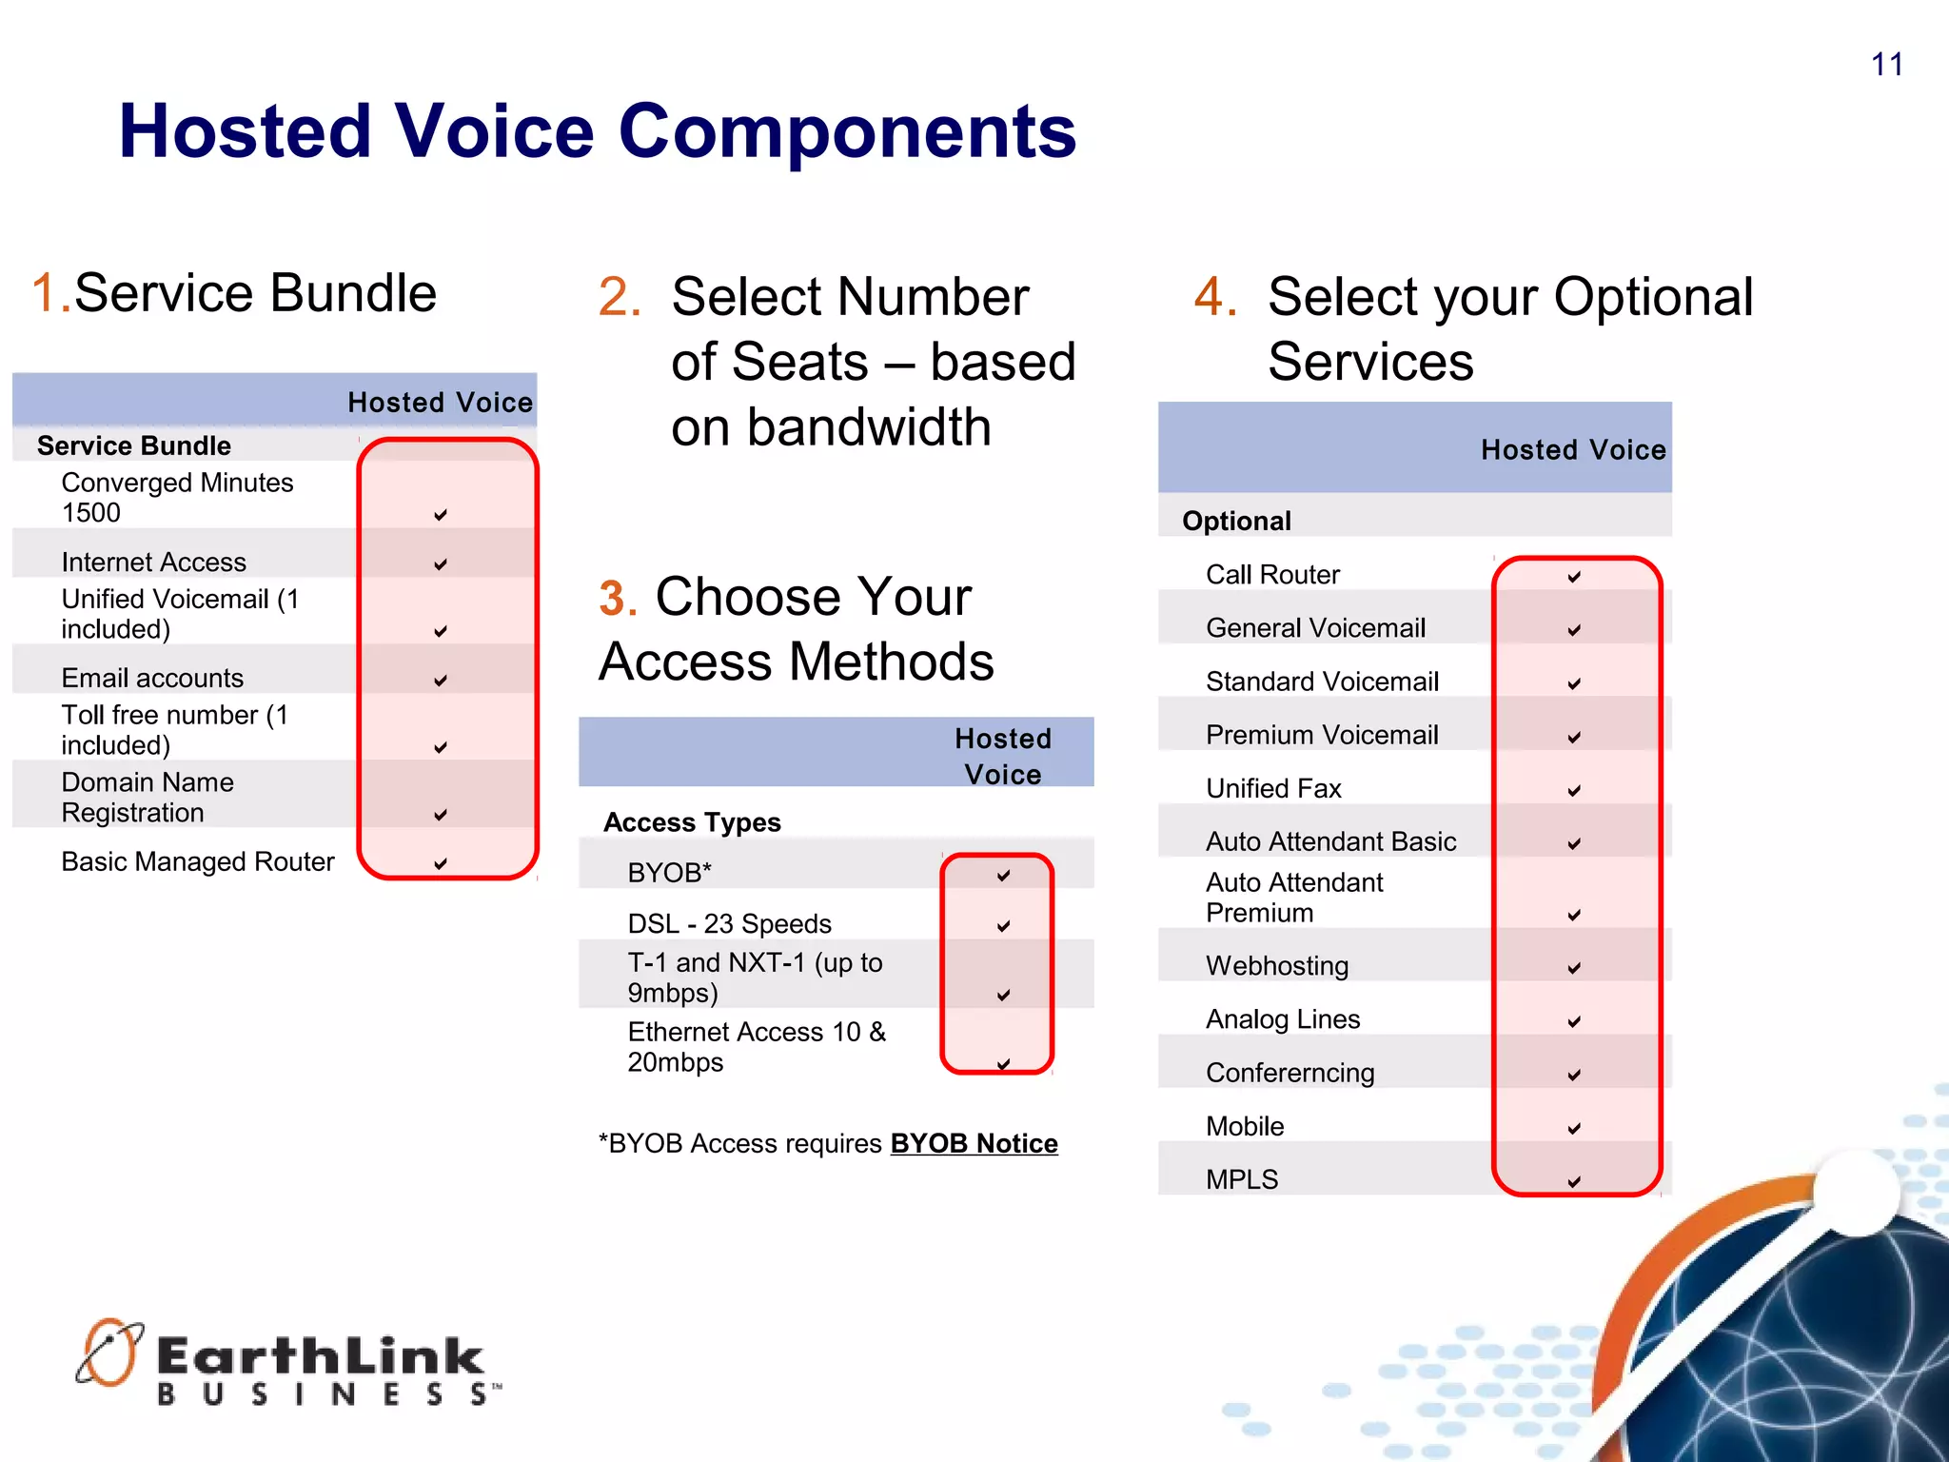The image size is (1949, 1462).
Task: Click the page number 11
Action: click(x=1886, y=65)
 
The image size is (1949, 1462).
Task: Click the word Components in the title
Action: click(x=847, y=131)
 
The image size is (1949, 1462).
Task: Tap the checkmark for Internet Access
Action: click(x=441, y=564)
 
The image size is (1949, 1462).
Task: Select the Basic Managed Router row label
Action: click(x=198, y=861)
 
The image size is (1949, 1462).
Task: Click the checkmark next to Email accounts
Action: click(x=441, y=681)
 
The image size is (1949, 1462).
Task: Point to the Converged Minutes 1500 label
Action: click(x=177, y=497)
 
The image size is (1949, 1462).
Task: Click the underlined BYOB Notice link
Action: click(x=974, y=1143)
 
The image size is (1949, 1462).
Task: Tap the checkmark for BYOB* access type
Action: click(x=1003, y=876)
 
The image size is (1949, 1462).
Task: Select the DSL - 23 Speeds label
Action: click(x=729, y=923)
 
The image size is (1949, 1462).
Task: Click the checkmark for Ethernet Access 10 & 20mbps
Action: click(x=1003, y=1064)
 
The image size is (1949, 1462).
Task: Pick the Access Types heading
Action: click(x=692, y=822)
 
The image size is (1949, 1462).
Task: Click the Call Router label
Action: click(x=1272, y=575)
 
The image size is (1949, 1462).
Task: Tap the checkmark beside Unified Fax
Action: click(x=1574, y=791)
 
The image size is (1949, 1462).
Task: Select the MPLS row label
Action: click(x=1242, y=1179)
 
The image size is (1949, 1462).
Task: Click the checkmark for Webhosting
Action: click(x=1574, y=968)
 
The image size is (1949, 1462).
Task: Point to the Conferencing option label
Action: click(x=1289, y=1073)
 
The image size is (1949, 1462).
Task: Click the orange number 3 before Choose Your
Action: click(x=618, y=599)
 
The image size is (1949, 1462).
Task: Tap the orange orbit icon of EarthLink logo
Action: click(x=109, y=1353)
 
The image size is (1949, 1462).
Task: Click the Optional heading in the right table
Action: click(x=1236, y=521)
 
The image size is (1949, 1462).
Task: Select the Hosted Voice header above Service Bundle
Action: click(x=440, y=403)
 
